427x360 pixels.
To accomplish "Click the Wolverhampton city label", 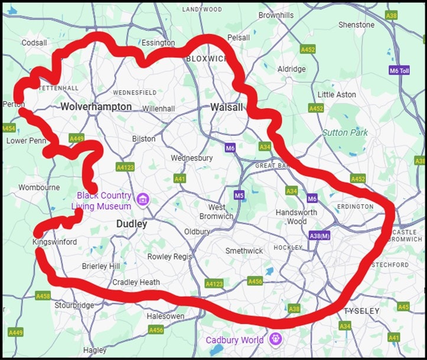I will [x=96, y=107].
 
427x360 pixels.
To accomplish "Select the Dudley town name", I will [x=131, y=224].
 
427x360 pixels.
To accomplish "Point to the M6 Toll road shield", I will [x=399, y=70].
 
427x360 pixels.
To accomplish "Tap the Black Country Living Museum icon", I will [x=142, y=200].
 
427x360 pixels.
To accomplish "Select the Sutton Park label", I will [x=344, y=132].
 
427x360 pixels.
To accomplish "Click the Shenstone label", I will [x=356, y=25].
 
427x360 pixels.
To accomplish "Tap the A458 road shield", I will [x=43, y=296].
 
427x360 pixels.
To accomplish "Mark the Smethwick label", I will [x=244, y=251].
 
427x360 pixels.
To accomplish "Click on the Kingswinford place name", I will [x=55, y=242].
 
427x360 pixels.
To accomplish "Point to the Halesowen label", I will [x=165, y=316].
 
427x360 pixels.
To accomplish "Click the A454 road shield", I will [x=8, y=128].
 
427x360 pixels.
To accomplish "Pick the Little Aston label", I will [x=337, y=94].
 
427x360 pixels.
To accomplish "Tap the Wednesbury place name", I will [x=191, y=158].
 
